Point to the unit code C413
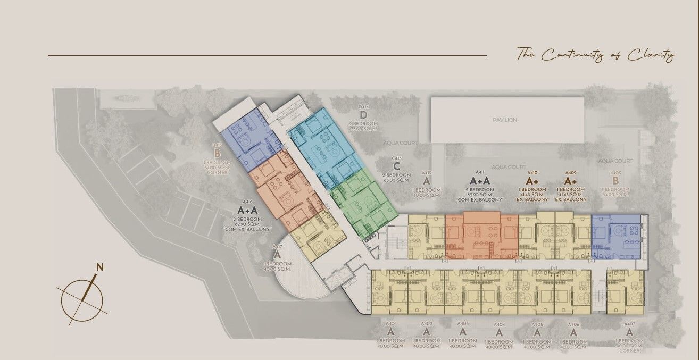point(396,158)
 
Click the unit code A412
point(427,173)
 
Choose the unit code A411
point(480,173)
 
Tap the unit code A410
point(532,173)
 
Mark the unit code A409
point(570,173)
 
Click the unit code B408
point(616,173)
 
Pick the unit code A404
point(499,324)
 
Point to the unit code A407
point(629,323)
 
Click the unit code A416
point(247,202)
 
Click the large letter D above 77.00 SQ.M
point(364,115)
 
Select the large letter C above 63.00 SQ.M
point(396,165)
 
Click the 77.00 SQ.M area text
point(364,129)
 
